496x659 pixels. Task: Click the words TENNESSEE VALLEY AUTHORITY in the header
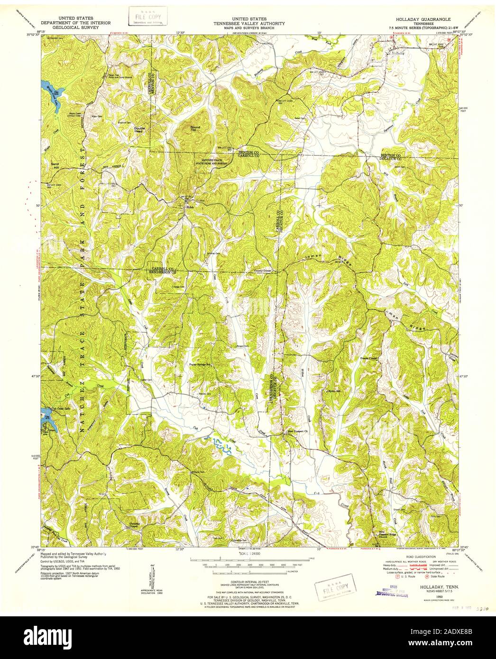pyautogui.click(x=248, y=23)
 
